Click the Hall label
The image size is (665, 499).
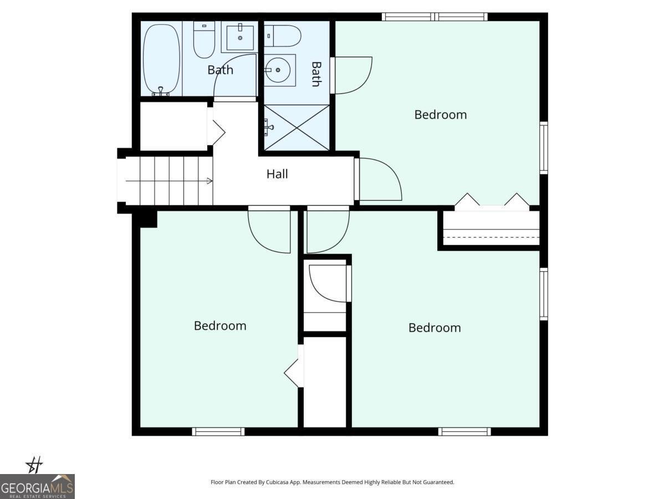pyautogui.click(x=277, y=174)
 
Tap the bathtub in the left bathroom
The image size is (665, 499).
pyautogui.click(x=161, y=60)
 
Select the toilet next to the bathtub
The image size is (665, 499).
pyautogui.click(x=204, y=40)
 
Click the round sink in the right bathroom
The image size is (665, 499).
pyautogui.click(x=278, y=70)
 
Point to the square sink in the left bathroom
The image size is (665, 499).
pyautogui.click(x=240, y=38)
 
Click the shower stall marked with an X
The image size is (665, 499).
pyautogui.click(x=296, y=128)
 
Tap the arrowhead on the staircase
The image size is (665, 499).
pyautogui.click(x=209, y=181)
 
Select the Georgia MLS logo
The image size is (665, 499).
pyautogui.click(x=37, y=486)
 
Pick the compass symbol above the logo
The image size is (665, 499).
pyautogui.click(x=34, y=465)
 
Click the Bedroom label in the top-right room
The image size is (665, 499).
pyautogui.click(x=441, y=115)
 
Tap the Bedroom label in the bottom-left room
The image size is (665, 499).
pyautogui.click(x=220, y=326)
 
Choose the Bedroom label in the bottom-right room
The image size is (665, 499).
pyautogui.click(x=434, y=328)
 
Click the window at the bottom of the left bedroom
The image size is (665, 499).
pyautogui.click(x=218, y=431)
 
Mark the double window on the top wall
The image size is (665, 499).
pyautogui.click(x=434, y=17)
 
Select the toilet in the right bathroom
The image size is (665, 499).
pyautogui.click(x=283, y=35)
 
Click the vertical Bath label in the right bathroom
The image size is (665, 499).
pyautogui.click(x=316, y=74)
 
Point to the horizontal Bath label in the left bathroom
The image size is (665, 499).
pyautogui.click(x=220, y=70)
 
